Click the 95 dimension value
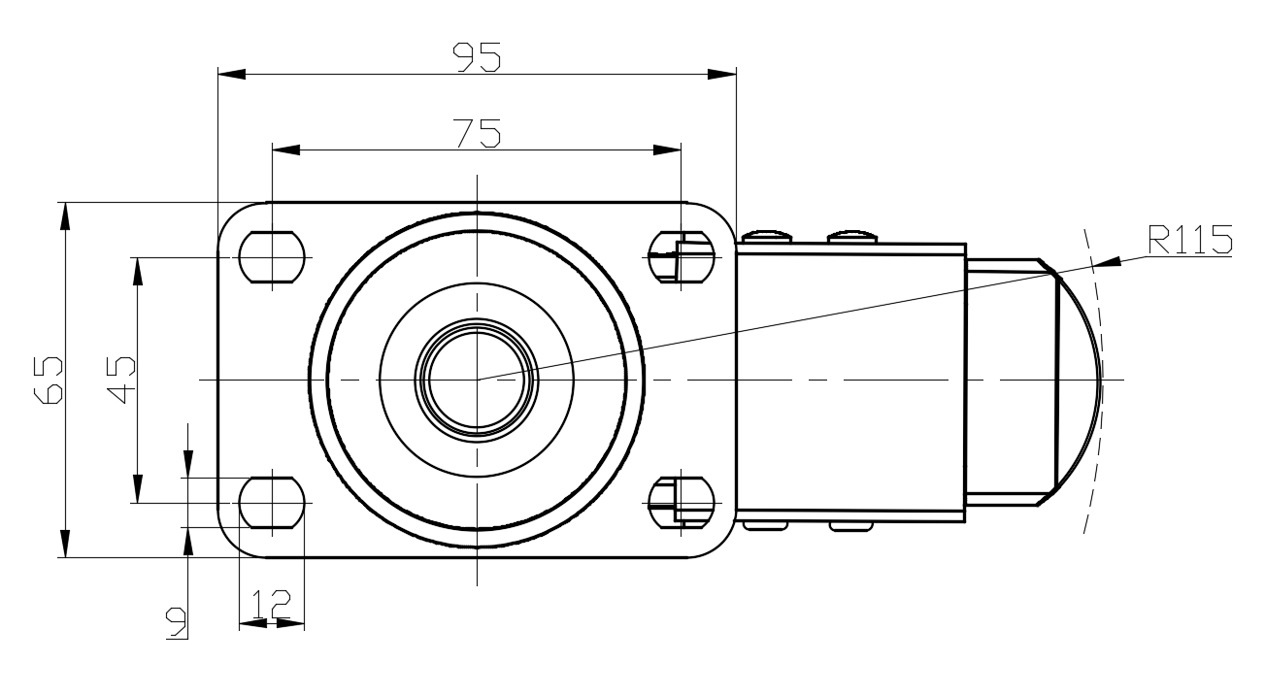click(477, 57)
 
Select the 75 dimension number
click(477, 133)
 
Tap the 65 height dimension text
click(49, 380)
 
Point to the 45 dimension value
click(121, 380)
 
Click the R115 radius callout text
click(1190, 240)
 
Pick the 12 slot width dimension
click(272, 604)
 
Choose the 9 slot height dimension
click(176, 623)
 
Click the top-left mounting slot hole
click(272, 257)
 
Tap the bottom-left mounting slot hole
click(272, 503)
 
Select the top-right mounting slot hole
click(682, 257)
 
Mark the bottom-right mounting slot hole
click(682, 503)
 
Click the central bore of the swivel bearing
click(477, 380)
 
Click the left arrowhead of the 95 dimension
click(231, 74)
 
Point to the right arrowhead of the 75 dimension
click(667, 149)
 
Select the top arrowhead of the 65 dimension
click(65, 215)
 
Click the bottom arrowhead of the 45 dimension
click(137, 489)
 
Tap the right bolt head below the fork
click(851, 527)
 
